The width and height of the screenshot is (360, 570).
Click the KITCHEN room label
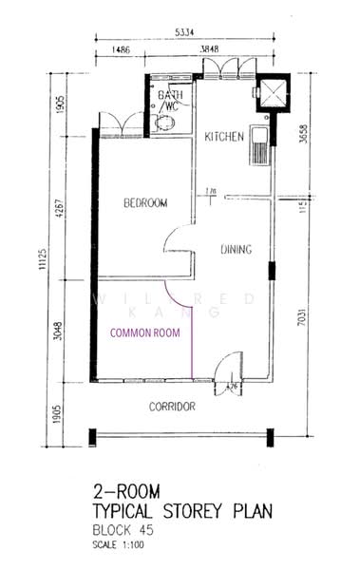[225, 138]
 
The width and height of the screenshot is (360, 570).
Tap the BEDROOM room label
[146, 202]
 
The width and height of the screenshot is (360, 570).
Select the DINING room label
[236, 251]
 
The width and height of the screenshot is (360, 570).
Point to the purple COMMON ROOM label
[144, 333]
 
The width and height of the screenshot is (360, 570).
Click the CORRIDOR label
[172, 407]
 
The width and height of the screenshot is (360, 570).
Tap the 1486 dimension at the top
[120, 47]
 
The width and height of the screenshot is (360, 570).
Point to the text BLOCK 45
[130, 532]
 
